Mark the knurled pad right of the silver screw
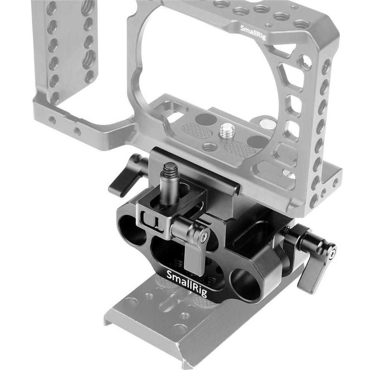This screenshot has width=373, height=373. (239, 150)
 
